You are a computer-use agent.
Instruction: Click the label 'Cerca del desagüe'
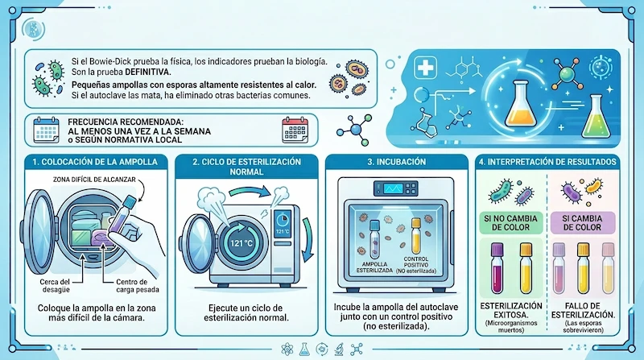pyautogui.click(x=51, y=287)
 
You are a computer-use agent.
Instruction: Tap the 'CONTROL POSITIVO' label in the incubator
pyautogui.click(x=418, y=267)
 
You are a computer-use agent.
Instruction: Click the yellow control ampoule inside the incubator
pyautogui.click(x=416, y=234)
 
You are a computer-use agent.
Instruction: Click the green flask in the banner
pyautogui.click(x=595, y=119)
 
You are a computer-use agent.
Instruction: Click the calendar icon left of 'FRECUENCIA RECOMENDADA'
pyautogui.click(x=45, y=130)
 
